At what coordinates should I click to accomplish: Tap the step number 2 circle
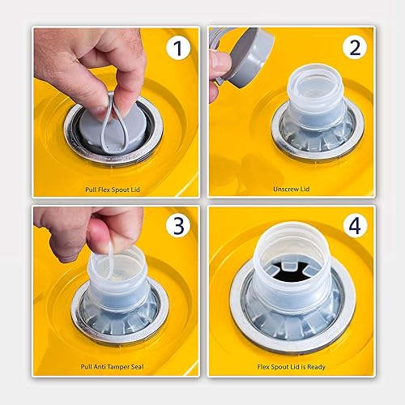pos(353,49)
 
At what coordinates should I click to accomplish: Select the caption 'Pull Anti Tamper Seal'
pos(115,364)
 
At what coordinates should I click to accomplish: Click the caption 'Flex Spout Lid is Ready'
pos(291,364)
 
